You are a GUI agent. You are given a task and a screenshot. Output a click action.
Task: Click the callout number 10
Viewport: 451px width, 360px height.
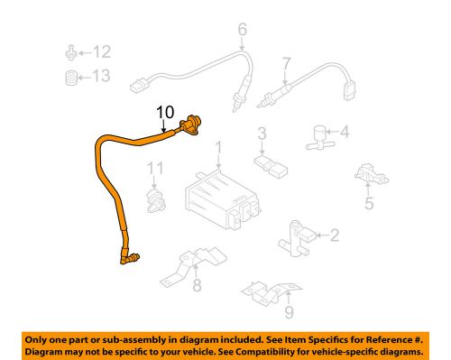click(164, 112)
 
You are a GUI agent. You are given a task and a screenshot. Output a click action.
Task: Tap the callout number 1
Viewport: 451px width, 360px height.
click(217, 146)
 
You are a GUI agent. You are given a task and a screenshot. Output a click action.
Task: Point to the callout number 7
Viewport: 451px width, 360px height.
click(286, 64)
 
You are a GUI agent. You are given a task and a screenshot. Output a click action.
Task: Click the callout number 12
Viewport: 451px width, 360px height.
click(102, 51)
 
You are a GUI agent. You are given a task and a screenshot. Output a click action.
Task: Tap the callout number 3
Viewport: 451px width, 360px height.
click(262, 135)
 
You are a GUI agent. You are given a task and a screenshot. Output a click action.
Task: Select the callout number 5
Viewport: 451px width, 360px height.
click(367, 204)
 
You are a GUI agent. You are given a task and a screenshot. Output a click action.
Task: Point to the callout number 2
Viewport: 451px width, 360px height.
click(335, 236)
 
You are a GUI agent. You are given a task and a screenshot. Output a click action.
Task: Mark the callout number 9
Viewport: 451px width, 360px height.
click(288, 314)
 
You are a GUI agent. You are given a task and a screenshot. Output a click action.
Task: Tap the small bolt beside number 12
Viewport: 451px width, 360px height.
click(70, 51)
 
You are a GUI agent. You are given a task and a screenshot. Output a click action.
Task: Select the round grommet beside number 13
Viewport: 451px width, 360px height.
click(70, 77)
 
